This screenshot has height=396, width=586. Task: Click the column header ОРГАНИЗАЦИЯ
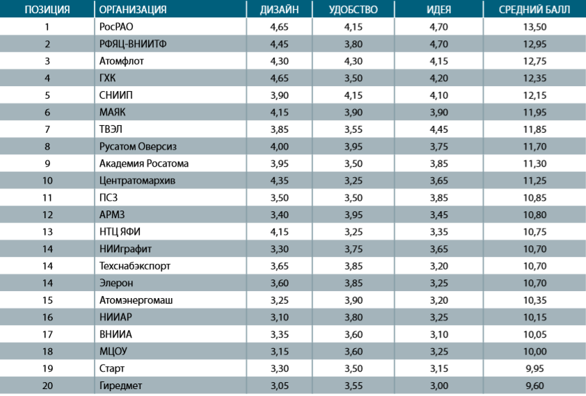point(133,9)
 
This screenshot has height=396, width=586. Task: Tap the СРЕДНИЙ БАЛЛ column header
point(534,9)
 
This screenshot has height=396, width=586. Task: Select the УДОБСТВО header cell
point(353,9)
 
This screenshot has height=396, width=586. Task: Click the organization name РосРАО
point(116,27)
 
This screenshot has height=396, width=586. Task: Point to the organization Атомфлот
point(122,61)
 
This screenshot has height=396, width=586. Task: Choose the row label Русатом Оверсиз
point(138,147)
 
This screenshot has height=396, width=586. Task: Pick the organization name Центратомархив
point(137,181)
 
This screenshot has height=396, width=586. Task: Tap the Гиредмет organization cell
point(120,386)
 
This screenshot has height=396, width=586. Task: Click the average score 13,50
point(534,27)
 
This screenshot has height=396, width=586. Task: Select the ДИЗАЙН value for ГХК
point(280,79)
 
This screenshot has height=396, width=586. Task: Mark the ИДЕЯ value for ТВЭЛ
point(438,129)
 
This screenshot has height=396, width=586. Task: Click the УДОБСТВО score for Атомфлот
point(354,61)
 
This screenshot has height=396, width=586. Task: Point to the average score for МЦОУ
point(534,352)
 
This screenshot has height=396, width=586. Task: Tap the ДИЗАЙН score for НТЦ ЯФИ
point(280,232)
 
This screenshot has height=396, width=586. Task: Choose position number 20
point(47,386)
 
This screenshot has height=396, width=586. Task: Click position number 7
point(47,129)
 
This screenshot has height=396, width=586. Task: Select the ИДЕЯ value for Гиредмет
point(438,386)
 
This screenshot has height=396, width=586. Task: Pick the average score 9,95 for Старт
point(534,369)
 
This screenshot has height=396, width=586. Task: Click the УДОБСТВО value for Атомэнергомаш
point(354,300)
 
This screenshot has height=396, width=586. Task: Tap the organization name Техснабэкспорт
point(135,266)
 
